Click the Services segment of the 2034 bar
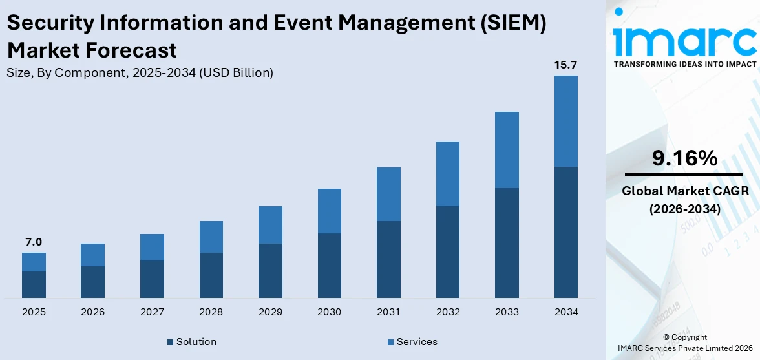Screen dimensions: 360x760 565,121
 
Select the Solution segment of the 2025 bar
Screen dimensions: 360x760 34,284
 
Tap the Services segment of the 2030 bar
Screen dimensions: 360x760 329,211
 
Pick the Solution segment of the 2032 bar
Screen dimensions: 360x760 447,252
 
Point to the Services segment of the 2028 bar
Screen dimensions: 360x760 211,237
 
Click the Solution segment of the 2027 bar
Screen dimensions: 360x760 152,279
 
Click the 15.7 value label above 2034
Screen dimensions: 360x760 565,65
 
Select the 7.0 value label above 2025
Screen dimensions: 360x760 34,242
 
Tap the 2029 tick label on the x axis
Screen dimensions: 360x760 270,312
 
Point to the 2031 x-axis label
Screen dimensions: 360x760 388,312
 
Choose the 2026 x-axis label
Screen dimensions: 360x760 92,312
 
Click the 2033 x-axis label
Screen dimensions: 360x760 507,312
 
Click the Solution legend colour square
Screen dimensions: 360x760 170,342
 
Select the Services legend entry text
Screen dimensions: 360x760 417,342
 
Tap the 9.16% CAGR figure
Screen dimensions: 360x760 684,158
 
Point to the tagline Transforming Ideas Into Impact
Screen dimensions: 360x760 684,64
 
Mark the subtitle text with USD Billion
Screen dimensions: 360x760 140,73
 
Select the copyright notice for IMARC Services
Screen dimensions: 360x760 684,343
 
